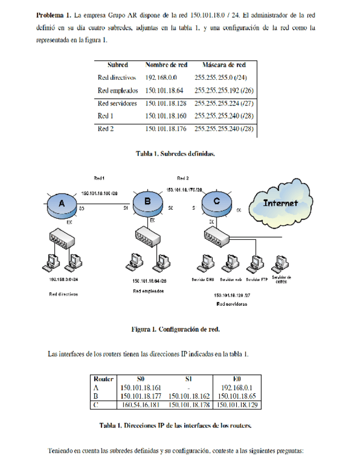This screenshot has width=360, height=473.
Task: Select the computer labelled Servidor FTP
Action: click(256, 263)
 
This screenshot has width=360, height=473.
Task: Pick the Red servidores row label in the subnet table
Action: click(117, 103)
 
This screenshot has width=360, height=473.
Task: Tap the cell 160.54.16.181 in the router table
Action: click(140, 404)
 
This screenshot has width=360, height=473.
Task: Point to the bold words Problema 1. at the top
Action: click(52, 13)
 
